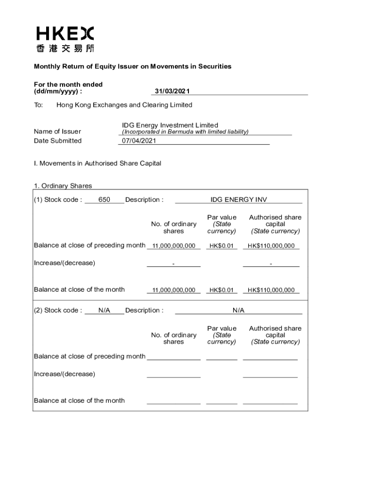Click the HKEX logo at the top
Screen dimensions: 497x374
coord(65,33)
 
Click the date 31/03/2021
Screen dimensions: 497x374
coord(172,91)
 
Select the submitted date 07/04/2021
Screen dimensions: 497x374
coord(139,141)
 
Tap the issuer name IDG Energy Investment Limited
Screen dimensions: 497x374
coord(170,125)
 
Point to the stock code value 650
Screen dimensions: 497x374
coord(104,199)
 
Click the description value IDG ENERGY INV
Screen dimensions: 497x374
coord(238,199)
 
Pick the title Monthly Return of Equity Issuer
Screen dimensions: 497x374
coord(132,66)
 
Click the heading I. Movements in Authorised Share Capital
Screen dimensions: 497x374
coord(97,164)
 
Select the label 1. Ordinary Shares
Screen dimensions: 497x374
coord(63,186)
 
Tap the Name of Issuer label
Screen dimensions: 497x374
coord(57,132)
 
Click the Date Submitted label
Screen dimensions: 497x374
coord(57,141)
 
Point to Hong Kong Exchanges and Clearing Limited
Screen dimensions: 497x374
coord(124,105)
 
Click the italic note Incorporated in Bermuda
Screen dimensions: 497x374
coord(185,132)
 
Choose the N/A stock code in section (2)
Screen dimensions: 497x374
coord(104,310)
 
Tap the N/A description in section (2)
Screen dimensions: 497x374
coord(238,310)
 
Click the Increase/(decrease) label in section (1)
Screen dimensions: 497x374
coord(64,263)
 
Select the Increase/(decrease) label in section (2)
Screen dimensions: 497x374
coord(64,374)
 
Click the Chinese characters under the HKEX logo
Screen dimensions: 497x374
coord(65,48)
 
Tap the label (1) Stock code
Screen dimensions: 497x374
coord(58,199)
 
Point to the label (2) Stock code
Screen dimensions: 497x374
coord(58,310)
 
